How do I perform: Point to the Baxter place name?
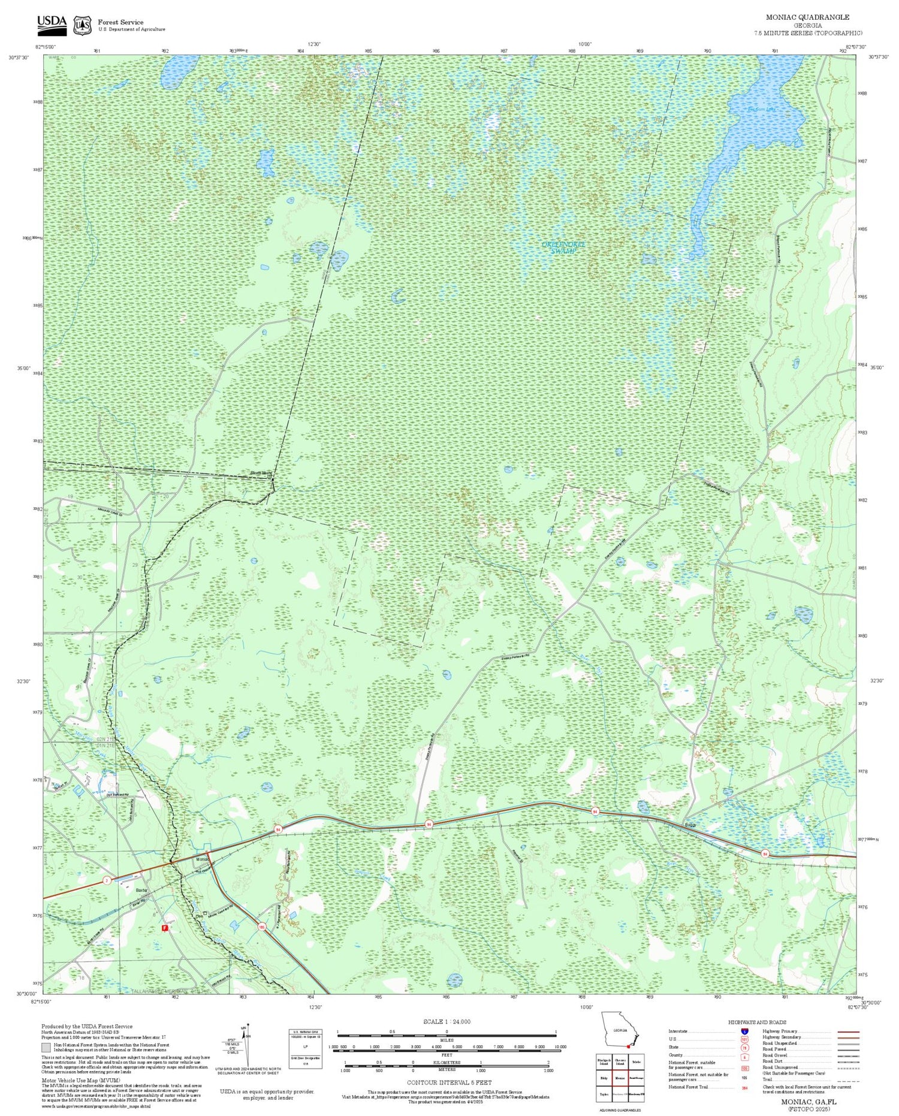141,890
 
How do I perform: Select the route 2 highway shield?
107,880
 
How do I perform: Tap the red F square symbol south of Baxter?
165,928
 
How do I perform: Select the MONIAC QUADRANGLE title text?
807,17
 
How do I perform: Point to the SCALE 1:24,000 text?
447,1021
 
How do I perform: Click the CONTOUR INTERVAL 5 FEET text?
450,1082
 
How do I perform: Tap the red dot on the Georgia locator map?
628,1046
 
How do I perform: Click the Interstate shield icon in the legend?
744,1031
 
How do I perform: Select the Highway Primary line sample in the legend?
846,1031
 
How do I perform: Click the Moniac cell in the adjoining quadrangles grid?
620,1077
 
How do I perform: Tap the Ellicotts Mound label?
260,473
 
